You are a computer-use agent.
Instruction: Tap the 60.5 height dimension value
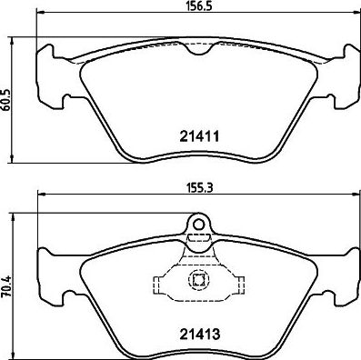[x=6, y=101]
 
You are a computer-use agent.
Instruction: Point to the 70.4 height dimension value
[x=6, y=286]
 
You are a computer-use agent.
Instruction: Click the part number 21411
[x=199, y=136]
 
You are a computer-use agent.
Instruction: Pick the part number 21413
[x=199, y=335]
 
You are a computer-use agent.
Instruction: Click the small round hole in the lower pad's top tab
[x=199, y=225]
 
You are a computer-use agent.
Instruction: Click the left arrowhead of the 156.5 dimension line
[x=40, y=13]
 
